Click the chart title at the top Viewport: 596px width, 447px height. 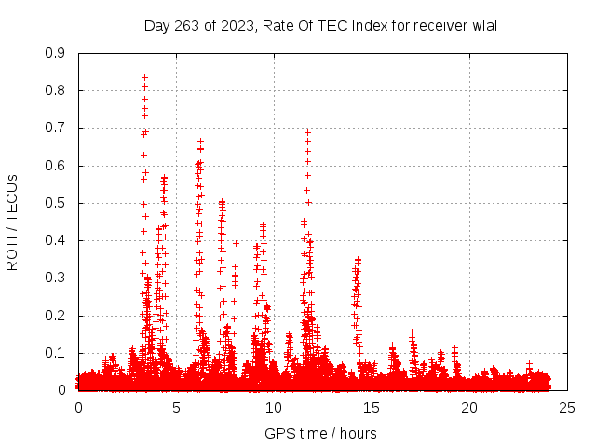(x=320, y=25)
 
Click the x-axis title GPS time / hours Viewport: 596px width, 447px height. (x=320, y=433)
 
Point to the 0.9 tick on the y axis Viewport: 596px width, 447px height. (x=55, y=53)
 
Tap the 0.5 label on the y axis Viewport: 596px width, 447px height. (x=55, y=203)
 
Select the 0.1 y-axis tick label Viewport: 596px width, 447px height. (x=55, y=353)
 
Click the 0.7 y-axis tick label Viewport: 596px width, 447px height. (x=55, y=128)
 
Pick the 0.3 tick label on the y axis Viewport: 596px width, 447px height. (x=55, y=278)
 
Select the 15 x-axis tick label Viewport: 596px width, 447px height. (x=372, y=408)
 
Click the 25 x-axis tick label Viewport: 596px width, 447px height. (x=567, y=408)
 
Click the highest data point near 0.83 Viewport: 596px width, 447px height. (x=144, y=78)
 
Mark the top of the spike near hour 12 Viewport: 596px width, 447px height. (x=307, y=132)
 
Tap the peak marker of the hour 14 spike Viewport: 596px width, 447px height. (x=357, y=260)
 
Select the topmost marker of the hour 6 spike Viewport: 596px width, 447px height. (x=200, y=142)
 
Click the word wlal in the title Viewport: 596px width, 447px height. (x=484, y=25)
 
